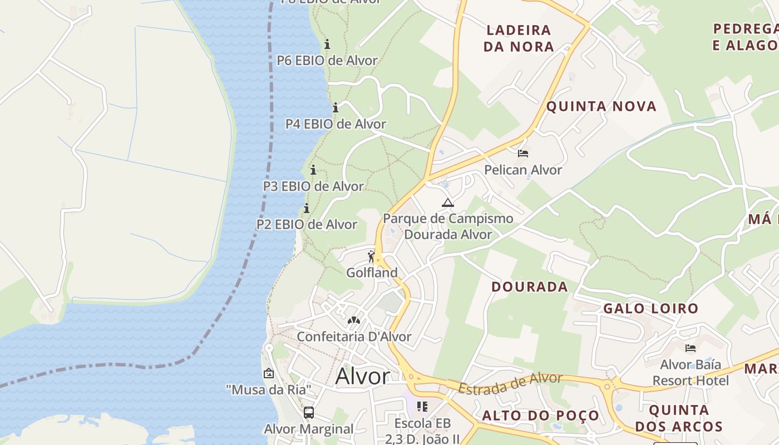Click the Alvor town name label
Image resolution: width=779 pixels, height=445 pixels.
click(362, 377)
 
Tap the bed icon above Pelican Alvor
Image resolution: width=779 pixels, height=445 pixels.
click(522, 154)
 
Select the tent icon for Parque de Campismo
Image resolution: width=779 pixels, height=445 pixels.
click(448, 202)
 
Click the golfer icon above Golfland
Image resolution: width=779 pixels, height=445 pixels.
click(371, 256)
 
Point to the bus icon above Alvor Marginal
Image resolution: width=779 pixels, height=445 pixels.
click(309, 413)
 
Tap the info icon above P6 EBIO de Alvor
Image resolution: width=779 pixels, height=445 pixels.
click(327, 44)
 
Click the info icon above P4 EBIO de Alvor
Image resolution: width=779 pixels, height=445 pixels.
click(336, 107)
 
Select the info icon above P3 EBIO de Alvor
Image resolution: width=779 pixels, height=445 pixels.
click(313, 170)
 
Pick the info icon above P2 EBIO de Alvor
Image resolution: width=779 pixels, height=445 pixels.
click(307, 209)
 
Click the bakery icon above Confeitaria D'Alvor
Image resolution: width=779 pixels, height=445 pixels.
click(353, 320)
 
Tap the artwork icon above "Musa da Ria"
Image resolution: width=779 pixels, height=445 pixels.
click(269, 373)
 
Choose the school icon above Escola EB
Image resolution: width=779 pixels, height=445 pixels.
click(422, 407)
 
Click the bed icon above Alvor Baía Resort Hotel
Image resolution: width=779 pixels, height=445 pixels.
click(691, 348)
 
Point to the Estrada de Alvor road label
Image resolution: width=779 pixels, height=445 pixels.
click(510, 383)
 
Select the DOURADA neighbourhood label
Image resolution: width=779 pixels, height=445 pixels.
click(530, 286)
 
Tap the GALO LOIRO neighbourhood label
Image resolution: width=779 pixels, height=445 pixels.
click(650, 308)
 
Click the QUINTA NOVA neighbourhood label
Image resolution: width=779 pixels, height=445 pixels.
click(601, 106)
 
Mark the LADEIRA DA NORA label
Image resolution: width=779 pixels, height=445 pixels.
click(519, 38)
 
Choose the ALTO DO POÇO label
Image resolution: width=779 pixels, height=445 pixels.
click(540, 416)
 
